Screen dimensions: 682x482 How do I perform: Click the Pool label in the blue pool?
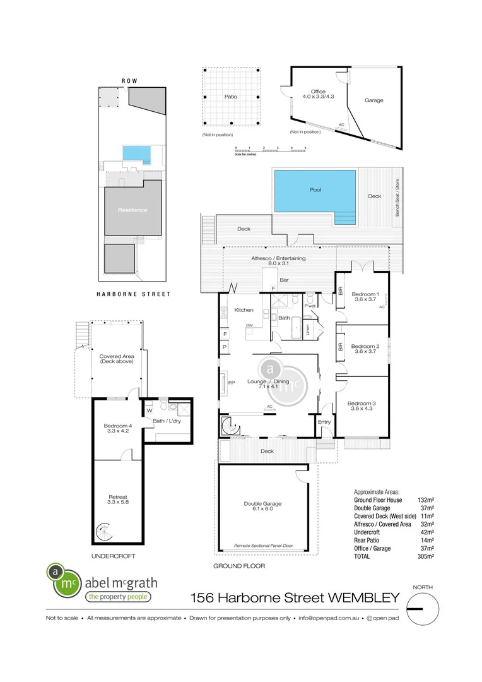click(315, 189)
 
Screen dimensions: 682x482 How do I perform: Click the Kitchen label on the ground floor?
click(244, 310)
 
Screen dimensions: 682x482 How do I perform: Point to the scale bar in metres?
click(270, 150)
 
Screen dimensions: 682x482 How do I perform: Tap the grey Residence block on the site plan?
click(132, 209)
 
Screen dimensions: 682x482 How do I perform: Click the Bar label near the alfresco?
click(284, 278)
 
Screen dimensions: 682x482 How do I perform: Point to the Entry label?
click(325, 422)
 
